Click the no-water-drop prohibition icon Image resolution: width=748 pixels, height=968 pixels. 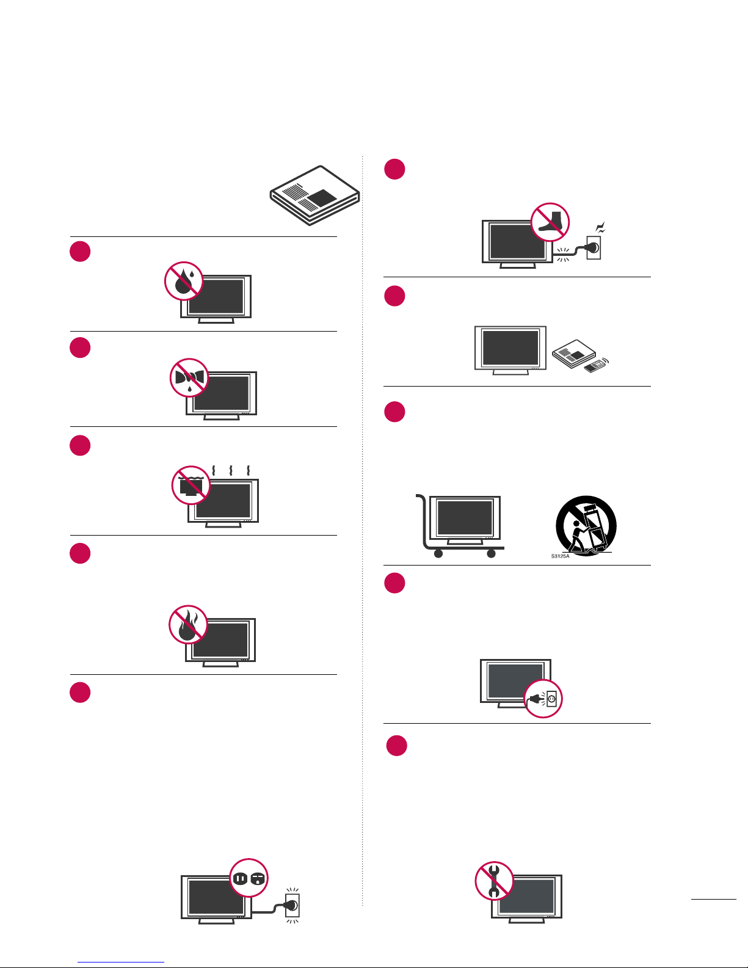(184, 281)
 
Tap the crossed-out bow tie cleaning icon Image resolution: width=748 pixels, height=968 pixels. (189, 378)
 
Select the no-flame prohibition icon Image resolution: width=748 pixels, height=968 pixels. (188, 625)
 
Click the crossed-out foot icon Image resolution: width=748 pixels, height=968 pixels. (550, 222)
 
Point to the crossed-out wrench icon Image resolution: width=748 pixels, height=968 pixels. (494, 881)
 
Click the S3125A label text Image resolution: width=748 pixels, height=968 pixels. (560, 556)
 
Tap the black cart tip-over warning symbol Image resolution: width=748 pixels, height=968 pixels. (586, 526)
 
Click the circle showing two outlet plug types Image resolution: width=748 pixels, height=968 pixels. (249, 878)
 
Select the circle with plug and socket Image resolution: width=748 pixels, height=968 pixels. (543, 699)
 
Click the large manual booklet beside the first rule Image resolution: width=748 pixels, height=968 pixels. (315, 195)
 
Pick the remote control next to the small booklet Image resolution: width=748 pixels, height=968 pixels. (596, 365)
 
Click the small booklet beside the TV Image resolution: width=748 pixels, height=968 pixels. (574, 354)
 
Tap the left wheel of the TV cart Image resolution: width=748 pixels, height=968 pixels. (438, 554)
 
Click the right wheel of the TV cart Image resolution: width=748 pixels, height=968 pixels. (491, 554)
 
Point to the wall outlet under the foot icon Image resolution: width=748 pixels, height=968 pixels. (594, 248)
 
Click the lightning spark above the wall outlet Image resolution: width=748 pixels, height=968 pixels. (600, 228)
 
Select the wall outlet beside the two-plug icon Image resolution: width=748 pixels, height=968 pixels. (292, 906)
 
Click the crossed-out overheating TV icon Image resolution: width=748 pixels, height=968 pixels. (191, 485)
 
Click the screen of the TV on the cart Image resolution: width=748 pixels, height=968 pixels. (465, 518)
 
